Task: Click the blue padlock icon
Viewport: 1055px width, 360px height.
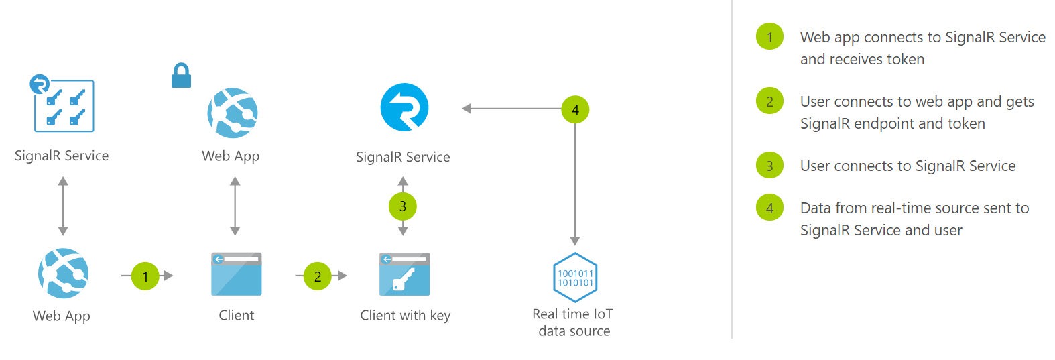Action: click(181, 76)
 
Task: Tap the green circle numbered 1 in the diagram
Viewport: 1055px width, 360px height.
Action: click(145, 276)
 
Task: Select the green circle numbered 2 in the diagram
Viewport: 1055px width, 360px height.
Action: click(317, 276)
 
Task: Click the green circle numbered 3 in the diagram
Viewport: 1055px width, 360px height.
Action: click(402, 206)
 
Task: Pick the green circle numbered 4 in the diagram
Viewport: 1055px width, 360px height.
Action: click(575, 109)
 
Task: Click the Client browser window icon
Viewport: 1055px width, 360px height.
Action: click(236, 274)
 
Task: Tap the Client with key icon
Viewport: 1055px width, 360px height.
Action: click(404, 274)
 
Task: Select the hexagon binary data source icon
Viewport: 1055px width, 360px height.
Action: click(575, 277)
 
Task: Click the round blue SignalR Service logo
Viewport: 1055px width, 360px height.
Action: click(404, 107)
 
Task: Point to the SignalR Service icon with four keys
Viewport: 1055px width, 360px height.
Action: click(64, 105)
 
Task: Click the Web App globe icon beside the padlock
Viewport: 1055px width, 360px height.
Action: click(233, 113)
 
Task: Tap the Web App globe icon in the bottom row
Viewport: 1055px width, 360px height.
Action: click(63, 273)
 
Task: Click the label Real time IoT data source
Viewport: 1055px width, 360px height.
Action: click(573, 322)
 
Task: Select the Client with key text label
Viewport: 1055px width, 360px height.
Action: click(405, 315)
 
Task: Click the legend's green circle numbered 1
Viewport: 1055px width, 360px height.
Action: click(769, 37)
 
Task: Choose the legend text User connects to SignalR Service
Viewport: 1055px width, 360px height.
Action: click(908, 166)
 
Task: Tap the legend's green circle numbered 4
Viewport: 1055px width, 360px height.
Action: click(769, 208)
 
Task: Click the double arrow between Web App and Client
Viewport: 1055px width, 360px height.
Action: click(235, 206)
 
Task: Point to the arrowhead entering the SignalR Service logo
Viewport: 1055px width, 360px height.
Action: click(467, 109)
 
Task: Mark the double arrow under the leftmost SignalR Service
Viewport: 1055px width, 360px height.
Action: click(63, 206)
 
